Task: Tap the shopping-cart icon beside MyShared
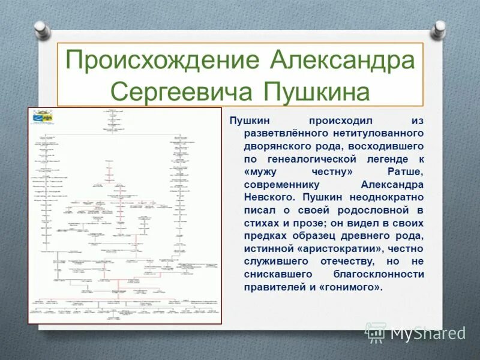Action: coord(376,332)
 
